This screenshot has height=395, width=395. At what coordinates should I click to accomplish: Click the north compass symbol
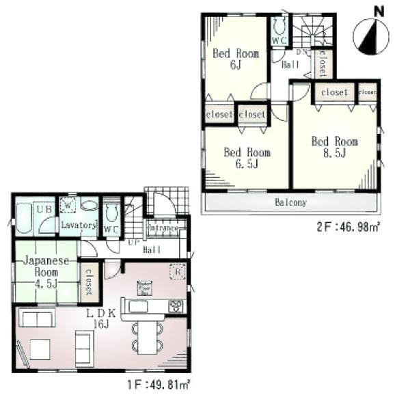point(369,38)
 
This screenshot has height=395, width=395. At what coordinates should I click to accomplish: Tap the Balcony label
point(290,203)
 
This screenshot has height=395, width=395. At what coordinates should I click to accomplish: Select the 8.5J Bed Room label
point(334,147)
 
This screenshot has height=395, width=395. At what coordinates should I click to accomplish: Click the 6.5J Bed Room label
point(247,158)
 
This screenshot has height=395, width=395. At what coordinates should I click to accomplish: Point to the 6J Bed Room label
point(235,59)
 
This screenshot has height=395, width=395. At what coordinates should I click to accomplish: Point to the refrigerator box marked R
point(178,269)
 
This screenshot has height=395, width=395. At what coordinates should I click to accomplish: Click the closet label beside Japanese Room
point(87,282)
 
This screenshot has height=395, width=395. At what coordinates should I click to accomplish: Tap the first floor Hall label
point(152,250)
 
